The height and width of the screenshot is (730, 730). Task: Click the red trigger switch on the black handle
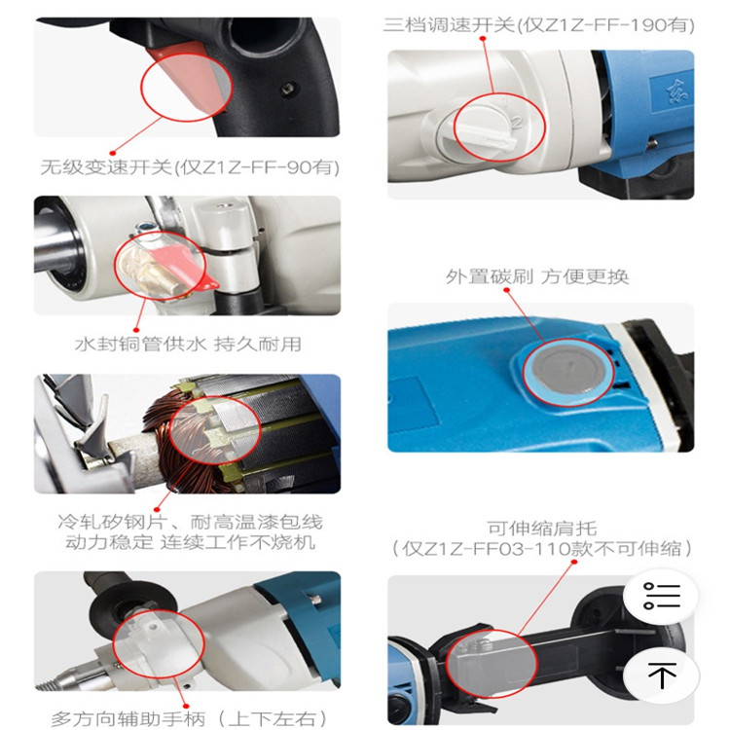pyautogui.click(x=186, y=79)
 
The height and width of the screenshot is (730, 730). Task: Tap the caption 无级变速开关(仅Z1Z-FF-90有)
pyautogui.click(x=190, y=167)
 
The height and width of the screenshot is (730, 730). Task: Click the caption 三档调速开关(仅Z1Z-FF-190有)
pyautogui.click(x=539, y=24)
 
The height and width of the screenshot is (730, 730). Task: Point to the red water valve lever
pyautogui.click(x=186, y=266)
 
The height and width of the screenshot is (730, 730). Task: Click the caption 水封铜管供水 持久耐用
pyautogui.click(x=188, y=344)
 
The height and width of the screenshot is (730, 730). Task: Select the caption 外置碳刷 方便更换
pyautogui.click(x=537, y=276)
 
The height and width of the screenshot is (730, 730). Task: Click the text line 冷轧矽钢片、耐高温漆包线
pyautogui.click(x=190, y=522)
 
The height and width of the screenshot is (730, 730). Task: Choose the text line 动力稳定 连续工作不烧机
pyautogui.click(x=190, y=542)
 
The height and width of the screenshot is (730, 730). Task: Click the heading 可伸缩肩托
pyautogui.click(x=542, y=529)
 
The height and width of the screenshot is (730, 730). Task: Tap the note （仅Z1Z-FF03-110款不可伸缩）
pyautogui.click(x=542, y=549)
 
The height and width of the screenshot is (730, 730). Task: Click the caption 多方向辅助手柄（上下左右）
pyautogui.click(x=189, y=719)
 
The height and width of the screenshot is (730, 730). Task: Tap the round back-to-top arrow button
pyautogui.click(x=661, y=675)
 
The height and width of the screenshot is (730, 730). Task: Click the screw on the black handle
pyautogui.click(x=288, y=88)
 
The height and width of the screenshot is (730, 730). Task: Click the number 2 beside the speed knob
pyautogui.click(x=517, y=122)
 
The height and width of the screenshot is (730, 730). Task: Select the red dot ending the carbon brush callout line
pyautogui.click(x=506, y=290)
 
